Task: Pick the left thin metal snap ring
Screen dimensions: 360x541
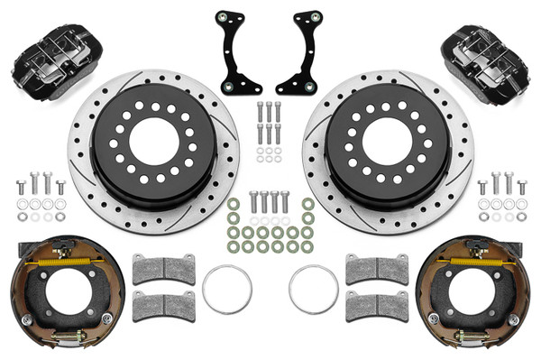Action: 226,289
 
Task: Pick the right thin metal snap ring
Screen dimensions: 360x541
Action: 313,289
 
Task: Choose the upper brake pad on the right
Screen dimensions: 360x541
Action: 376,268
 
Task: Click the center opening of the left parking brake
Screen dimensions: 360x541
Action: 65,298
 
